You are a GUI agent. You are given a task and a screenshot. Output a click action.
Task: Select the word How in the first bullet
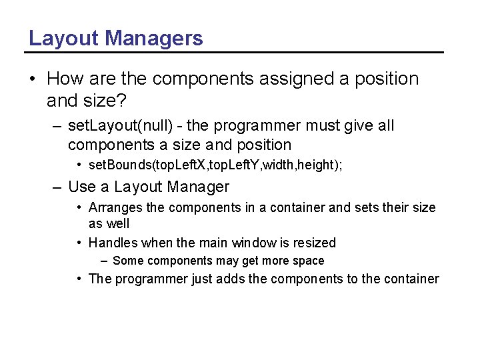pos(65,79)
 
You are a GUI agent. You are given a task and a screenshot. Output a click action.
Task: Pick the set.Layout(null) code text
pos(123,125)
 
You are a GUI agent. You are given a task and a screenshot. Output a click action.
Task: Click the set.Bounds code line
pos(215,165)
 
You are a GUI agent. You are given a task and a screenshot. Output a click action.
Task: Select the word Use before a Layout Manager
pos(82,187)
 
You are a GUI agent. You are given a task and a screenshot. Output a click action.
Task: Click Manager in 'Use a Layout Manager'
pos(198,187)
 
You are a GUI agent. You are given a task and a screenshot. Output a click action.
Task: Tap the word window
pos(255,243)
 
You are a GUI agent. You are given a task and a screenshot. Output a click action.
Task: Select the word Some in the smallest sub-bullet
pos(128,261)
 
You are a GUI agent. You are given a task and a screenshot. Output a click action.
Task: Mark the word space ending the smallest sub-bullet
pos(308,261)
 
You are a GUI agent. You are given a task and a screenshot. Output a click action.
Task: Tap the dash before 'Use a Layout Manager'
pos(57,187)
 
